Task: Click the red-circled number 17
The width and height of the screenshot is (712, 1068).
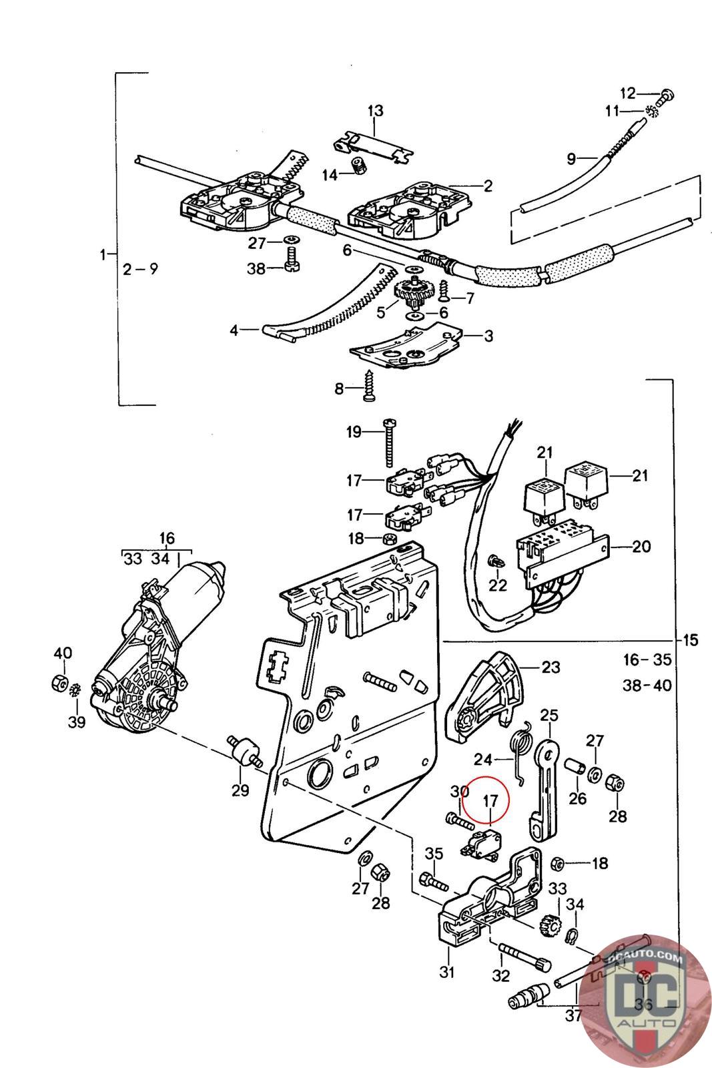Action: [490, 800]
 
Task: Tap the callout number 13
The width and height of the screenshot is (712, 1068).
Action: [375, 110]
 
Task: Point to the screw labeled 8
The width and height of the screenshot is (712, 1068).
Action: [370, 387]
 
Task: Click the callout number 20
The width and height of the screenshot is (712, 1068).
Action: [641, 547]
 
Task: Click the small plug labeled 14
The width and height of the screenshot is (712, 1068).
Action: [361, 166]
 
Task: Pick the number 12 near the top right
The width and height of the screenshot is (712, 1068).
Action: [629, 93]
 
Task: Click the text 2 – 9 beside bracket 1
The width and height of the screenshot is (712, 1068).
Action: [141, 269]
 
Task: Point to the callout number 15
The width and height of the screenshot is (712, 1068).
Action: [690, 640]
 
